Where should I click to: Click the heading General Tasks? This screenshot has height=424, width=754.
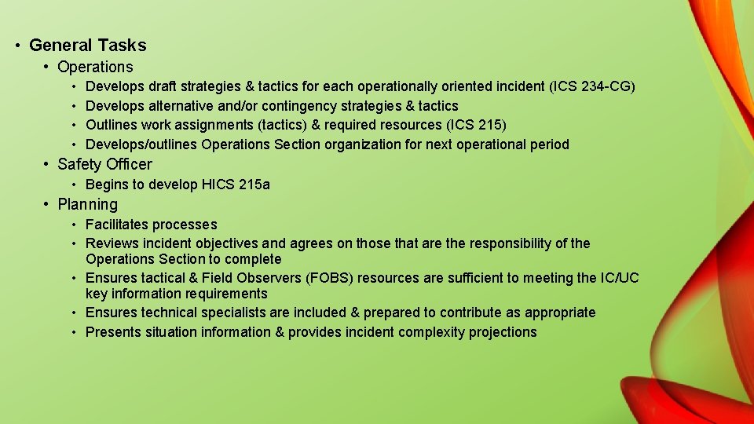point(88,46)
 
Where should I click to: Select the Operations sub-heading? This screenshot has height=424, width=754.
point(95,68)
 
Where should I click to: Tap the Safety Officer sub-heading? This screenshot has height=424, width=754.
point(104,164)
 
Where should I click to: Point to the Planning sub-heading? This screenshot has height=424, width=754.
point(87,205)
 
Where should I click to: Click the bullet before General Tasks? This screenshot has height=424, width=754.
point(17,46)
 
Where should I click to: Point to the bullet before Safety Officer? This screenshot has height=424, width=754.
point(47,164)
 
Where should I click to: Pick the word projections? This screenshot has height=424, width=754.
point(503,332)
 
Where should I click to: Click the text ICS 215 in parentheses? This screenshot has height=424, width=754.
point(477,125)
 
